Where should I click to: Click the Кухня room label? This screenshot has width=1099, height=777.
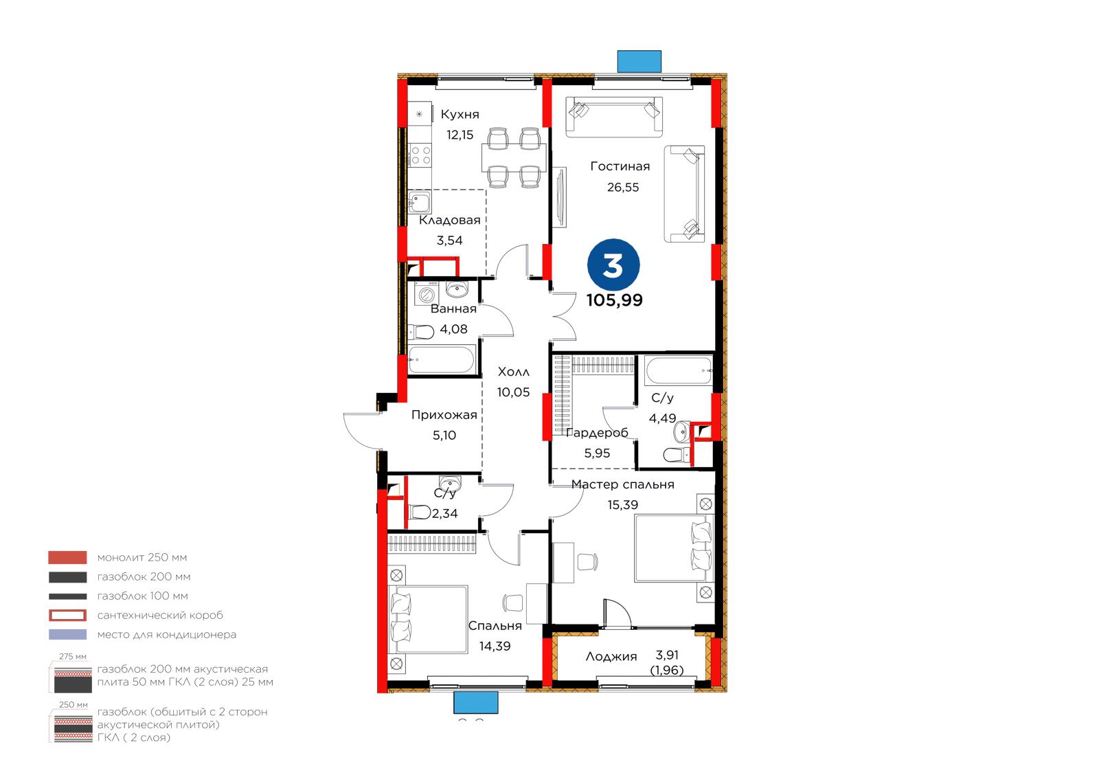coord(460,114)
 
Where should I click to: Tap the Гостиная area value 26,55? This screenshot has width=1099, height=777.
coord(622,187)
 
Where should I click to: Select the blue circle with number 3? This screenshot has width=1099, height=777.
coord(613,265)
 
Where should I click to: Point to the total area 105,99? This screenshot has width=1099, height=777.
coord(614,300)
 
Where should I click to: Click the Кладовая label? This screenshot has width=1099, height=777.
coord(449,221)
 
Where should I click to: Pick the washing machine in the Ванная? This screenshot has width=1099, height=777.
coord(425,295)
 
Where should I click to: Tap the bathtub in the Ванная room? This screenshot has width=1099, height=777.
coord(442,360)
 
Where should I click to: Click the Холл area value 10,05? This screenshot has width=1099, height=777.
coord(513,392)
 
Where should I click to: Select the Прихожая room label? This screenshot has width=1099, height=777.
coord(444,415)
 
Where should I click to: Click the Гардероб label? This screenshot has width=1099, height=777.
coord(597,432)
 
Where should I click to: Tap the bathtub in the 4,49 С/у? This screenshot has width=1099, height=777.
coord(679,370)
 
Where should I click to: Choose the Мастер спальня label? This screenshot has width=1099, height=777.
coord(622,484)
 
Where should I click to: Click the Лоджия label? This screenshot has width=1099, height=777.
coord(611,657)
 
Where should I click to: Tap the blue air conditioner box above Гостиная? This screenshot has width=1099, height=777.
coord(639,61)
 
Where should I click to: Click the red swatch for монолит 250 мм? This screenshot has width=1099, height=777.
coord(68,558)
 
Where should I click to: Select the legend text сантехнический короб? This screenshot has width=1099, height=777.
coord(160,616)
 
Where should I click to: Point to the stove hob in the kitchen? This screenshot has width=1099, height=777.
coord(420,155)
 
